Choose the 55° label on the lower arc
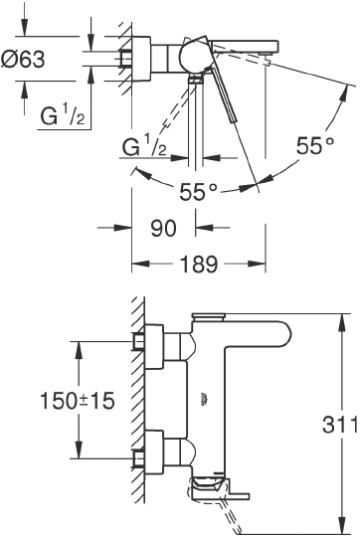(199, 190)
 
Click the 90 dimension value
(163, 228)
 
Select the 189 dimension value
(199, 266)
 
